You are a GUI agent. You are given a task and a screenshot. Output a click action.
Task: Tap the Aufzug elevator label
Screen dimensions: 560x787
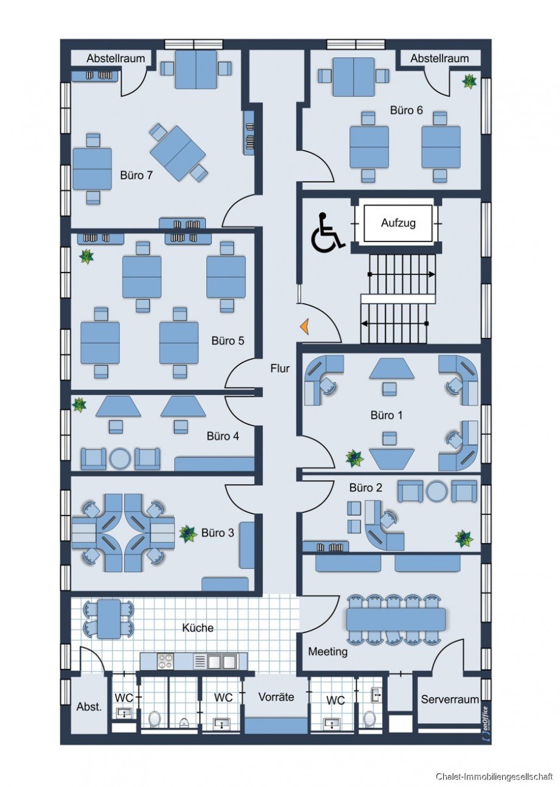(398, 223)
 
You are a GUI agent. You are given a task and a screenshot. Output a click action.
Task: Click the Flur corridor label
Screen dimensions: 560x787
(280, 368)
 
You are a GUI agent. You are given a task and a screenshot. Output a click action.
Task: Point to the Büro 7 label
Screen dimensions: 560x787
(136, 175)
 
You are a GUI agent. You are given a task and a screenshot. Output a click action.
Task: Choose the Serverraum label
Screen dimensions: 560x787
(450, 699)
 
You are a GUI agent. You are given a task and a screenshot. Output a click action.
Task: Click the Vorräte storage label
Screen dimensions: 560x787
(276, 697)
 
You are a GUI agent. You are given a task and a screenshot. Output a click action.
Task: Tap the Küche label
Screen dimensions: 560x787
(198, 628)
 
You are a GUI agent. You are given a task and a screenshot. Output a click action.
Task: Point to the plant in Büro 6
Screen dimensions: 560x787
(469, 81)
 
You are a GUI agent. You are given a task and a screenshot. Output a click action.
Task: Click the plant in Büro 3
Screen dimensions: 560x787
(187, 533)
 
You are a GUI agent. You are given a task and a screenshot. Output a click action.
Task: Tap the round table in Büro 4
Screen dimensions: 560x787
(120, 458)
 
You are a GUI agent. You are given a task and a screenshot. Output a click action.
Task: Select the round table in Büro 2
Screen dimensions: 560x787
(436, 491)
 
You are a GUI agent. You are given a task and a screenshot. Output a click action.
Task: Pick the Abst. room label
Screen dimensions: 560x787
(89, 706)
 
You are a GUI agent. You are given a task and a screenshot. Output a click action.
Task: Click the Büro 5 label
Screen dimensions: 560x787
(228, 341)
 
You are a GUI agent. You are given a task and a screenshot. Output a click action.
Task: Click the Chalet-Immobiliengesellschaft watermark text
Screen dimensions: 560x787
(494, 776)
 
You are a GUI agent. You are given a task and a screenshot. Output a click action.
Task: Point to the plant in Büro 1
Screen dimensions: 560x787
(354, 459)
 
